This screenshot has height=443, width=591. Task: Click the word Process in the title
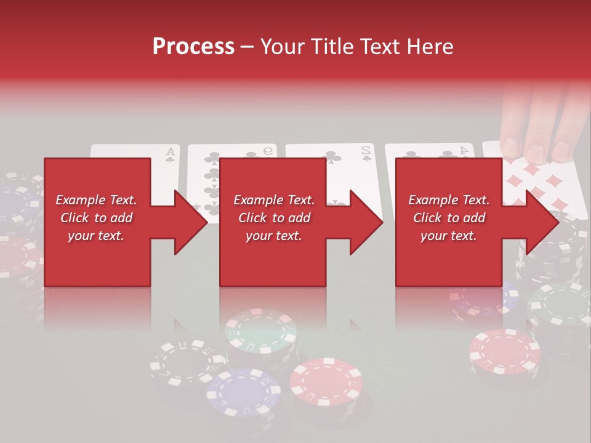(x=193, y=47)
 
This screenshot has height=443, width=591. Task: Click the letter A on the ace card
(x=170, y=151)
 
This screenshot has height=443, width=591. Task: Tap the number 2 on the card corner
(x=366, y=150)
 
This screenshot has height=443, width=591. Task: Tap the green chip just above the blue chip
(x=261, y=333)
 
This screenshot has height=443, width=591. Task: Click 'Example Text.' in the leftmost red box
(x=96, y=200)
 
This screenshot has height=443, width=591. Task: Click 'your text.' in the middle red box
(x=273, y=236)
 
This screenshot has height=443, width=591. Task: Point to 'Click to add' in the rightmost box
(x=449, y=218)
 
